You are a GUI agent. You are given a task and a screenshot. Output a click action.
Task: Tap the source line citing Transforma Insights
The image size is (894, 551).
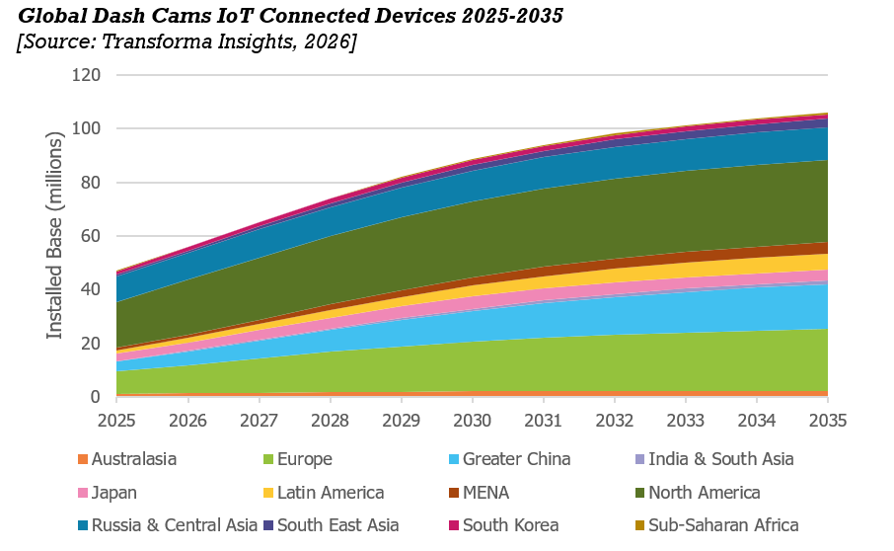pos(186,41)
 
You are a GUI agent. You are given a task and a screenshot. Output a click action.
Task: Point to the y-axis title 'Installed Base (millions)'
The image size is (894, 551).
pos(54,236)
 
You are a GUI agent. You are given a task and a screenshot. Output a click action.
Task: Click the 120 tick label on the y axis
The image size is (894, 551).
pos(86,75)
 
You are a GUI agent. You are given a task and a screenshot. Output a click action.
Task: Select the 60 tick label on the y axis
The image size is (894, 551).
pos(90,236)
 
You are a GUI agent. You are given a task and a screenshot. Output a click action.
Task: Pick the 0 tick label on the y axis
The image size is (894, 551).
pos(95,396)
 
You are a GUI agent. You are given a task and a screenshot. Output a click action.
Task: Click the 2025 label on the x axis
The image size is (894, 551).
pos(116,421)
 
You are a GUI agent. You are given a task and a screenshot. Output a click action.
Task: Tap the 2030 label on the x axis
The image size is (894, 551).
pos(472,421)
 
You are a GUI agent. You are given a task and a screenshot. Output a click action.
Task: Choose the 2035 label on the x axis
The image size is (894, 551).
pos(828,421)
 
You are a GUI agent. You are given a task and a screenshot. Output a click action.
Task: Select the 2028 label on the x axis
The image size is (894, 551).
pos(331,421)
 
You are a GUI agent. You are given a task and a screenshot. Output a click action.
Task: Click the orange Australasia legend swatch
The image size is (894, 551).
pos(83,459)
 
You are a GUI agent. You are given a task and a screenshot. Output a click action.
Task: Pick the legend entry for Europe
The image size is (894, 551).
pos(298,459)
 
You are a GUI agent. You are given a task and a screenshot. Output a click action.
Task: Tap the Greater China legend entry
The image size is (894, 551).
pos(510,459)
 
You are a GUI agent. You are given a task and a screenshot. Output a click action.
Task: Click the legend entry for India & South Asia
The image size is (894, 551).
pos(714,459)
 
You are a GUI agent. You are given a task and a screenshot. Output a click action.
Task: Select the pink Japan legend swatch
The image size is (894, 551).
pos(83,493)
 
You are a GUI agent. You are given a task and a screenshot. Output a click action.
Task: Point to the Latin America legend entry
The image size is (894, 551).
pos(324,493)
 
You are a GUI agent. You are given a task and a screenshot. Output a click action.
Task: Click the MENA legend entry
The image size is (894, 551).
pos(479,493)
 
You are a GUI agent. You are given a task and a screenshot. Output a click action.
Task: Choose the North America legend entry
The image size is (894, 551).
pos(698,493)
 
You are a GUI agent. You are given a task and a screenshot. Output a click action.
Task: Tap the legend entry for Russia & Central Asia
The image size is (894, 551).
pos(168,525)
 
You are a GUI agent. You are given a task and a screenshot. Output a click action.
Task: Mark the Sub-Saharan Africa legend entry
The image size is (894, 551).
pos(716,525)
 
